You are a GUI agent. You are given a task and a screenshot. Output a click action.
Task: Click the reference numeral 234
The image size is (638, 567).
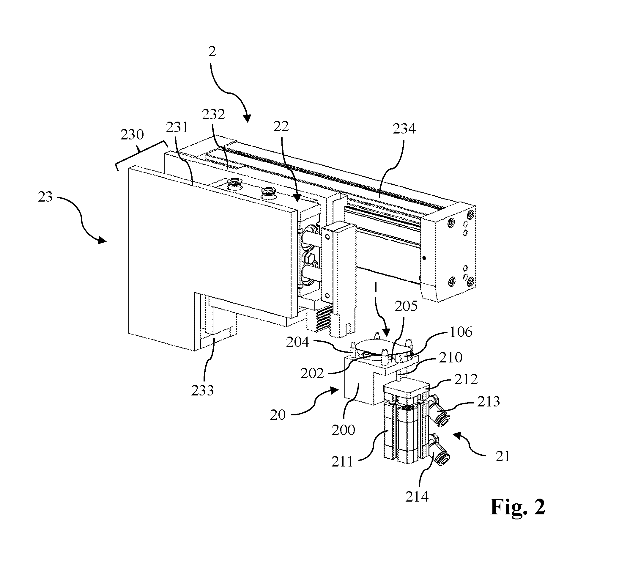[404, 129]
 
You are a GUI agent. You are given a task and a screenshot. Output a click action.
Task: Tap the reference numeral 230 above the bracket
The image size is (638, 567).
[132, 135]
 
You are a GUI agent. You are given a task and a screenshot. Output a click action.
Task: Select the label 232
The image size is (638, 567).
[213, 114]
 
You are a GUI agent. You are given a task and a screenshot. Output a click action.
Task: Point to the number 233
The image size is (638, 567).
[203, 391]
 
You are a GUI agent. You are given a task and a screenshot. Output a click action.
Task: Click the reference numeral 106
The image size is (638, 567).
[461, 332]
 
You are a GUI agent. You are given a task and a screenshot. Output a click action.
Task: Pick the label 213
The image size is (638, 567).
[489, 401]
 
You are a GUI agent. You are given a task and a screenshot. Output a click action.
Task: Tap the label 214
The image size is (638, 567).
[417, 497]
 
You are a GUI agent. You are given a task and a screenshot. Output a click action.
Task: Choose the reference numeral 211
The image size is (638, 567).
[342, 462]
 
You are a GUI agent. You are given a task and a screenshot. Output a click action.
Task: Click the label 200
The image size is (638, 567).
[343, 430]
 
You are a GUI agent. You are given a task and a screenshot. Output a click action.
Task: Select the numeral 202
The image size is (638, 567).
[312, 374]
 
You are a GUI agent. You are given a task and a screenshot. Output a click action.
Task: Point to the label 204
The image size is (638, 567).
[297, 342]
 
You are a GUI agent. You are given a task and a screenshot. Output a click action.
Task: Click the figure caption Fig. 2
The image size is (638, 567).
[518, 507]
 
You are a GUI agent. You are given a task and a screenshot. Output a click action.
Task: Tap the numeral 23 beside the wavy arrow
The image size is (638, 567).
[45, 197]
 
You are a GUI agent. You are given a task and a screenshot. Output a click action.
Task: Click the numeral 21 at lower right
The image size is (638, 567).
[502, 457]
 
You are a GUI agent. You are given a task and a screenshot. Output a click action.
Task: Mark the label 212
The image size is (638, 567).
[466, 379]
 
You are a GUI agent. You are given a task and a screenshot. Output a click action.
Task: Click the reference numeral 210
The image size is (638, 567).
[450, 357]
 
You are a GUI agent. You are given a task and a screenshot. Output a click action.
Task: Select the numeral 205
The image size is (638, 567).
[406, 307]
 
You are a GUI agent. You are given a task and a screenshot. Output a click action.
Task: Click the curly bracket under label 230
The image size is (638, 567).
[141, 154]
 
